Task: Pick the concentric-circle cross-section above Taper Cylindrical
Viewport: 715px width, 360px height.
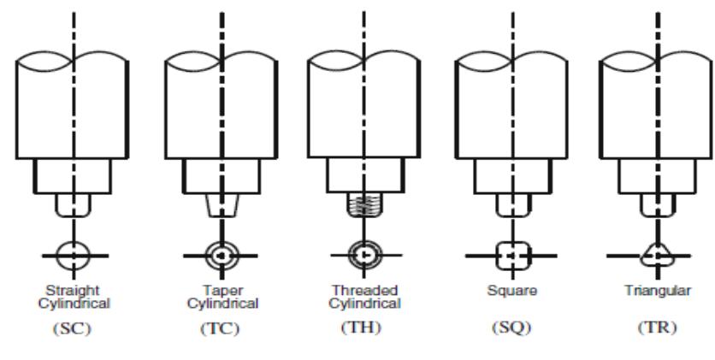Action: pyautogui.click(x=221, y=255)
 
